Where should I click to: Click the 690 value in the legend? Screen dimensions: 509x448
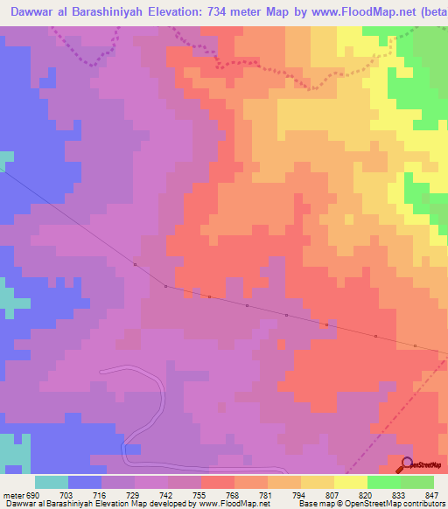click(31, 495)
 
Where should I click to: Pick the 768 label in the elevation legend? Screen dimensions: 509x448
click(232, 495)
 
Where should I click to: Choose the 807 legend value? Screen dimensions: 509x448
click(332, 495)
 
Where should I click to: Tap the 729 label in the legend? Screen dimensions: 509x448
click(131, 495)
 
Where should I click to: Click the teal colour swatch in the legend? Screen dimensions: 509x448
click(51, 482)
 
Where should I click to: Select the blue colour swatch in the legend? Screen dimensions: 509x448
click(84, 482)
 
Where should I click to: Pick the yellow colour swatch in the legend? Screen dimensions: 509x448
click(350, 482)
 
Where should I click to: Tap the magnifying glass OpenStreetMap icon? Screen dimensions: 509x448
click(409, 464)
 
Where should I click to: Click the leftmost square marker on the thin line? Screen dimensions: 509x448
click(135, 264)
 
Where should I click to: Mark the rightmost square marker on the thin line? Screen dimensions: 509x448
click(439, 347)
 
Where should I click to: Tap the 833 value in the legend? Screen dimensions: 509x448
click(400, 495)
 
